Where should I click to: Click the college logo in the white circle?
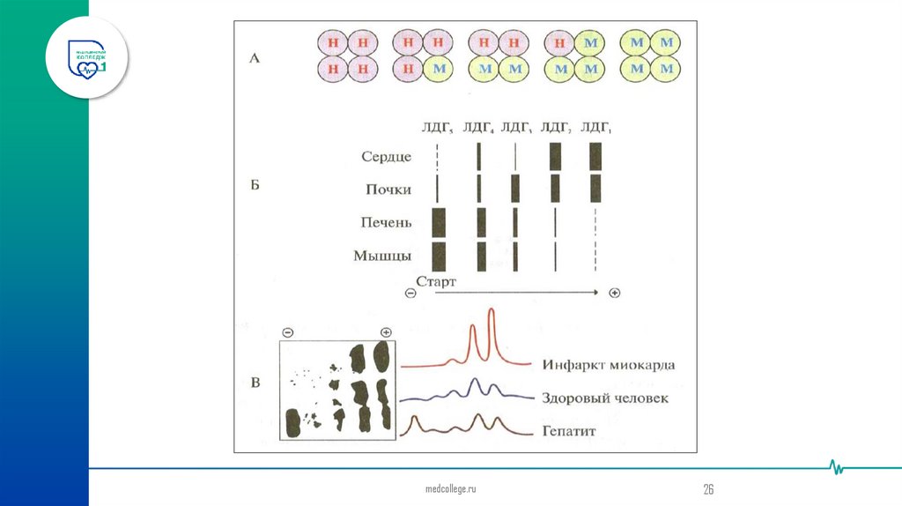88,58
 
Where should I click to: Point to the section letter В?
254,382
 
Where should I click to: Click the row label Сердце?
386,157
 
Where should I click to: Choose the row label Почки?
388,189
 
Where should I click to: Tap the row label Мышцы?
383,257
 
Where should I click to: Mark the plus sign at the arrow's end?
615,293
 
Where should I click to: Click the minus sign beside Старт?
410,293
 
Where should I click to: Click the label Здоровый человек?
605,398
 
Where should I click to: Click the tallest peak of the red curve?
492,310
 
